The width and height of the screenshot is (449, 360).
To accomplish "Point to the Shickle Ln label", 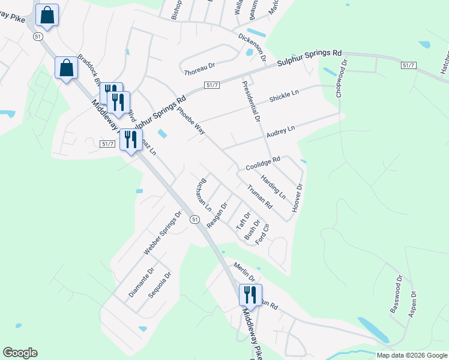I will [284, 95].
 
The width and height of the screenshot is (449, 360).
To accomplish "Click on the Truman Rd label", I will [261, 196].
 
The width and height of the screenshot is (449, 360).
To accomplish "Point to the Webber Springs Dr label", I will [162, 233].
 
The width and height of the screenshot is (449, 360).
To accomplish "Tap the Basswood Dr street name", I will [397, 295].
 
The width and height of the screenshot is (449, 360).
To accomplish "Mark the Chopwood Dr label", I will [342, 78].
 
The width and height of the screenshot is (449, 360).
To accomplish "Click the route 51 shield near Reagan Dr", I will [195, 220].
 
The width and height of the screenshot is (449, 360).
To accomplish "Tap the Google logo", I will [20, 353].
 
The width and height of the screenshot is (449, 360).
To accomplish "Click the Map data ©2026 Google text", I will [411, 355].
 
